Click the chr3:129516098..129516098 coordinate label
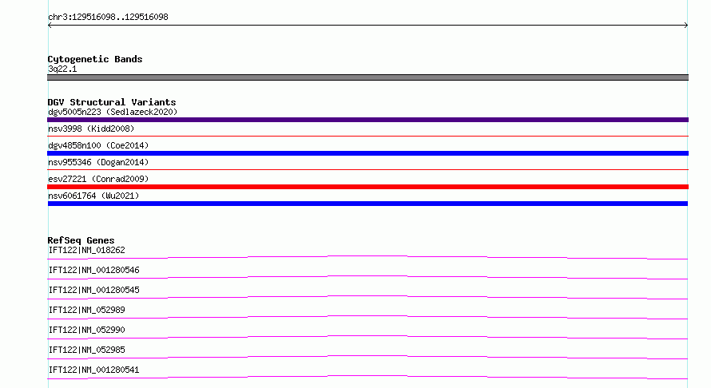108,18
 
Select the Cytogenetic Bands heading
95,59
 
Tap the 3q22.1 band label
62,69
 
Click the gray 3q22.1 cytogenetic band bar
367,77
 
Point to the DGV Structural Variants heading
112,102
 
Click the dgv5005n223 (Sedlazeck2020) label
113,112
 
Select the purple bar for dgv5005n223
367,120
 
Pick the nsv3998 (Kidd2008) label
91,129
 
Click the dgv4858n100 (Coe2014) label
98,145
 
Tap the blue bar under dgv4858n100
367,153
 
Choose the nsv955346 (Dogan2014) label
98,162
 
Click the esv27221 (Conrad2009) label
98,179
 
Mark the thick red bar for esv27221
367,187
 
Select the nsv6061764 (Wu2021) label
93,196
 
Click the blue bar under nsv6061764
367,204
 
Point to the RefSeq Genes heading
81,240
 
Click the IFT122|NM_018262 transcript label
86,250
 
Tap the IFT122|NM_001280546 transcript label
93,270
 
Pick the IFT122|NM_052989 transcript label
86,310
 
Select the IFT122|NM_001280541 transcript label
93,370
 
